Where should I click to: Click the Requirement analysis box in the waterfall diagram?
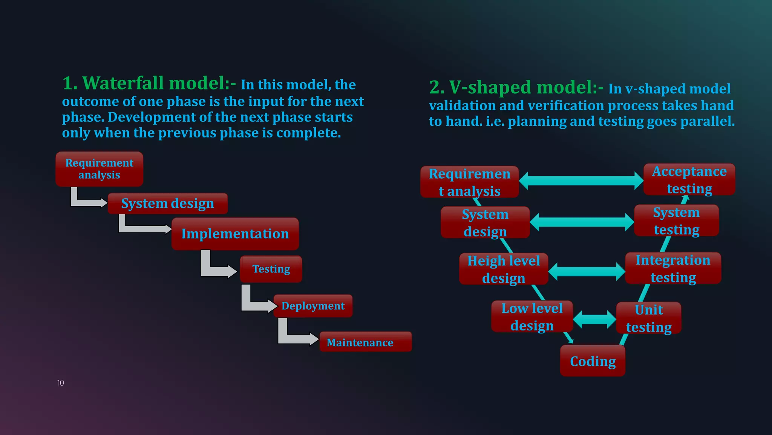(x=99, y=169)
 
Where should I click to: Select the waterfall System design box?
(x=167, y=204)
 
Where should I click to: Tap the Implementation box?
(x=235, y=234)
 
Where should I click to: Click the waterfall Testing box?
(x=271, y=269)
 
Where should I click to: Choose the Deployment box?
(x=313, y=306)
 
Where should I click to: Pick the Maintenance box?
(x=365, y=342)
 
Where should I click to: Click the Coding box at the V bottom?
(x=593, y=361)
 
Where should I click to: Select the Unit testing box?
(x=649, y=318)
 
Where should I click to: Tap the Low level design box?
(x=532, y=317)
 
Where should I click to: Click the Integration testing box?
(x=673, y=268)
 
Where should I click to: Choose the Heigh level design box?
(x=504, y=269)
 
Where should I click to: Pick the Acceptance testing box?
(x=689, y=180)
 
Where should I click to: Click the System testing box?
(x=676, y=221)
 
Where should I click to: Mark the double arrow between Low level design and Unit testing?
(x=594, y=319)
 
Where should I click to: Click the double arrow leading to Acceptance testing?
(x=581, y=181)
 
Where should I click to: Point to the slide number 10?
(x=60, y=383)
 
